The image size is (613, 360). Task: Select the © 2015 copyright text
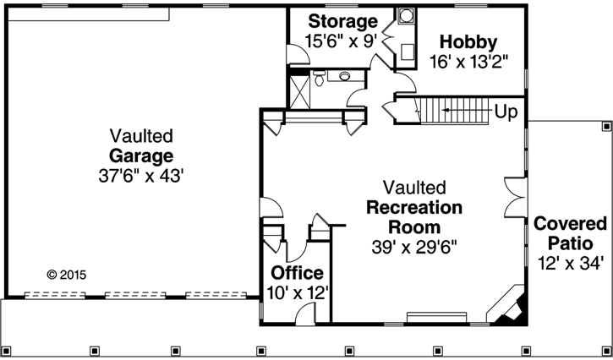[x=66, y=275]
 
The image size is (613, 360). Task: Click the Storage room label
[x=342, y=21]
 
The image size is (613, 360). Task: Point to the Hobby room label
[x=468, y=42]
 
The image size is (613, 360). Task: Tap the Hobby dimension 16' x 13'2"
[x=468, y=62]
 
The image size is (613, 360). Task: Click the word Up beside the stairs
[x=506, y=112]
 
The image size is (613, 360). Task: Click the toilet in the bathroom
[x=320, y=79]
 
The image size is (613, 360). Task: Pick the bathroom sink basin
[x=345, y=77]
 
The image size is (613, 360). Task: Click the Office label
[x=297, y=273]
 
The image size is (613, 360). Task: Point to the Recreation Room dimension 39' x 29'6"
[x=413, y=248]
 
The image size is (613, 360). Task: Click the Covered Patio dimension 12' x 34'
[x=570, y=263]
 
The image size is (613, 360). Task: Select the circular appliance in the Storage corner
[x=406, y=15]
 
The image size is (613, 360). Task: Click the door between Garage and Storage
[x=297, y=54]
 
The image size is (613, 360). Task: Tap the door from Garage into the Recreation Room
[x=268, y=210]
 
